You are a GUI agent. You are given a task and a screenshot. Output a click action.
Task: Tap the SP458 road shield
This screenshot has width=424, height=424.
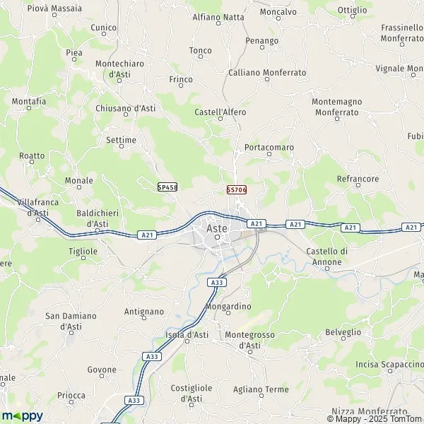[x=167, y=187]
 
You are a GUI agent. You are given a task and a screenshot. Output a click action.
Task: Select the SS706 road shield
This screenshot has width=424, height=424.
[x=236, y=191]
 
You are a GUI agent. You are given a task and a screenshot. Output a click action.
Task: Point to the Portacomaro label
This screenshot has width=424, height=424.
[x=269, y=148]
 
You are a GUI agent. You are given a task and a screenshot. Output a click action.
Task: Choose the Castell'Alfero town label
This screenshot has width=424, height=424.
[x=220, y=112]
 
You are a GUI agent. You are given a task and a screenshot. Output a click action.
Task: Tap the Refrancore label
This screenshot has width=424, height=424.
[x=358, y=179]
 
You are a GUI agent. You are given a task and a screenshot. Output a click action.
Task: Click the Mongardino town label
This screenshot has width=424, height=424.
[x=228, y=307]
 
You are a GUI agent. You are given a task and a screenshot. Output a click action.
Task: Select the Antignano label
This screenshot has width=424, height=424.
[x=144, y=312]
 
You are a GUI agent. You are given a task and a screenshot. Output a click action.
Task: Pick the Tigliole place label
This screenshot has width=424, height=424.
[x=83, y=251]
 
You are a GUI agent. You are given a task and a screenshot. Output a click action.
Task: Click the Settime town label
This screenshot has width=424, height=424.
[x=121, y=140]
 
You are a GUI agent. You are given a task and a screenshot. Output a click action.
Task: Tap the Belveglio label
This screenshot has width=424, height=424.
[x=343, y=331]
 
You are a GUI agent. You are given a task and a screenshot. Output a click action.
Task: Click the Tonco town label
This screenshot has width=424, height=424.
[x=201, y=51]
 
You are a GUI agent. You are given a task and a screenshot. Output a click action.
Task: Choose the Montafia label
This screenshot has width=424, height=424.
[x=29, y=102]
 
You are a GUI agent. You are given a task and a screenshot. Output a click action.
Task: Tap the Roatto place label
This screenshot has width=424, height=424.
[x=33, y=155]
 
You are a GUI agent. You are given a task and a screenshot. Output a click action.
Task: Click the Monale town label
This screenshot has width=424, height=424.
[x=78, y=181]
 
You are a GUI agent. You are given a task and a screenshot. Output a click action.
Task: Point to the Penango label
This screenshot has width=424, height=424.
[x=262, y=41]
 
